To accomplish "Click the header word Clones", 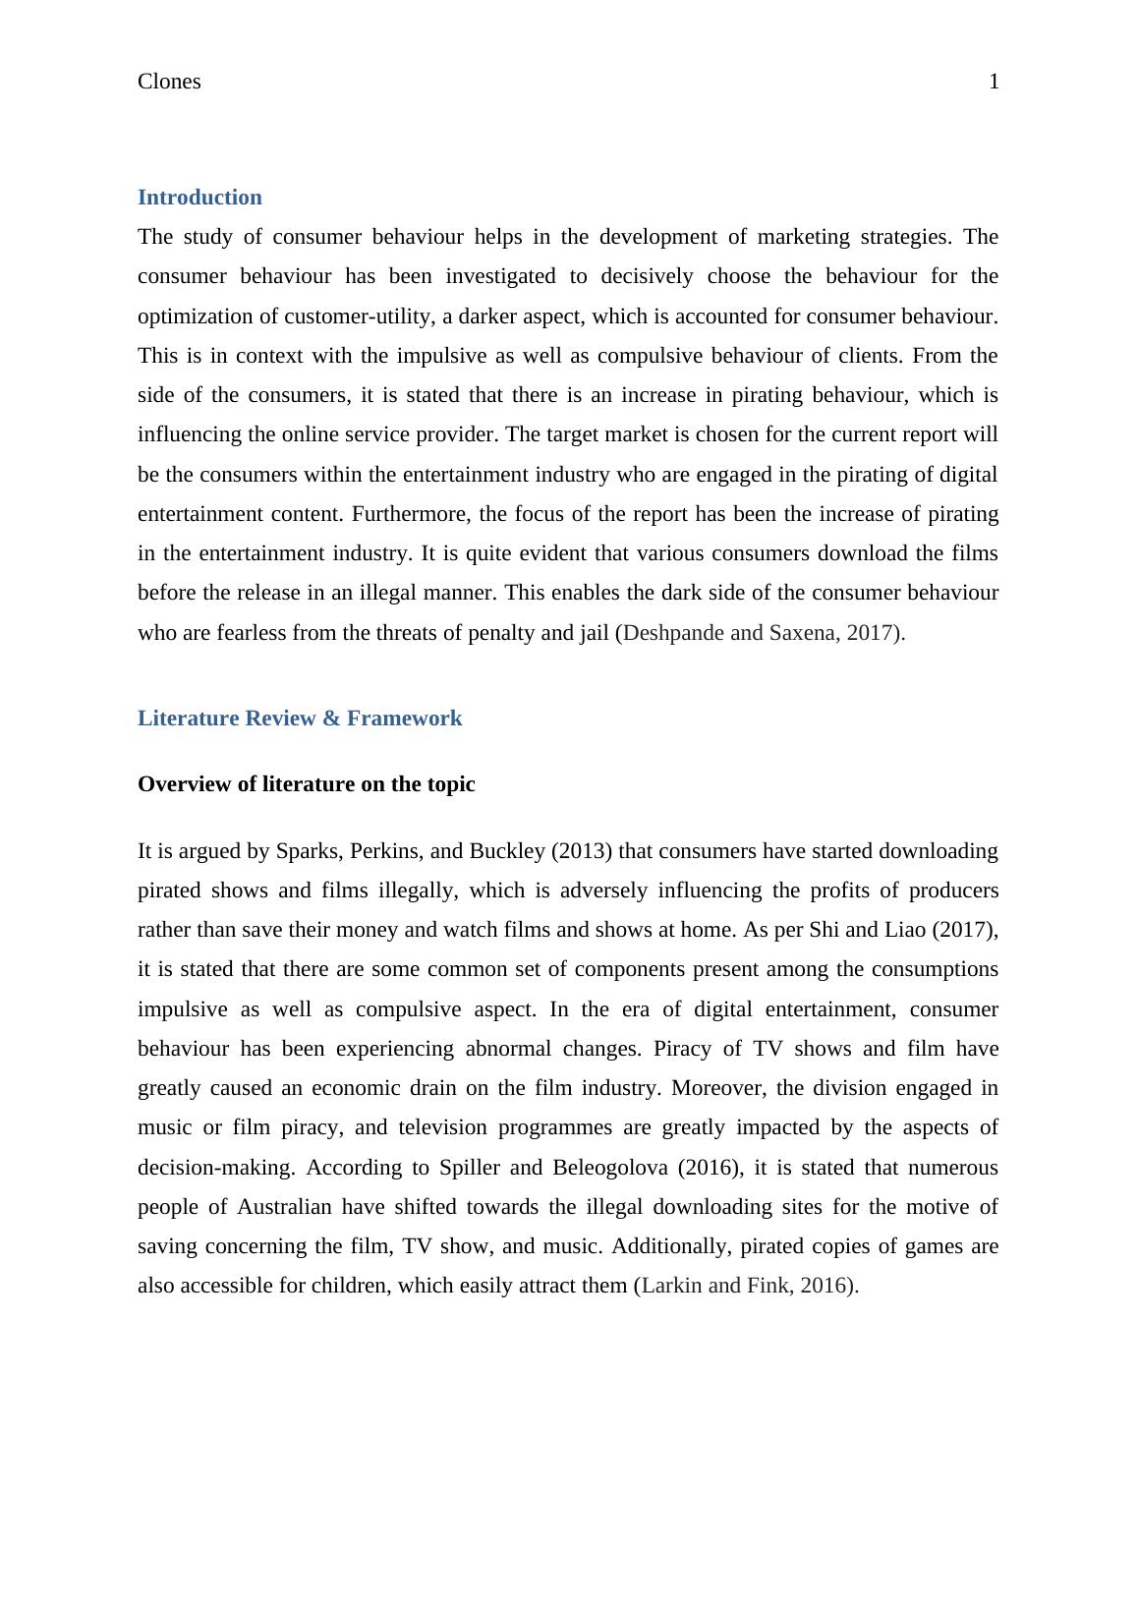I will click(x=169, y=82).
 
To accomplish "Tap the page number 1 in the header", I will click(x=994, y=82).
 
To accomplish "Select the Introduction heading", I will click(x=199, y=198).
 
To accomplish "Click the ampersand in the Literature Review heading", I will click(x=330, y=719).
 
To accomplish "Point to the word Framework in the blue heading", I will click(x=404, y=719).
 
